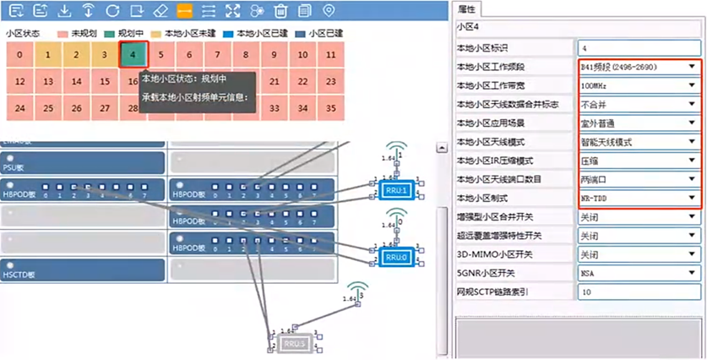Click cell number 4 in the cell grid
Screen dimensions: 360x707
pos(133,56)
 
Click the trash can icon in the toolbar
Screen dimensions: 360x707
pos(281,10)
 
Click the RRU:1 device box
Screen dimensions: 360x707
pos(396,188)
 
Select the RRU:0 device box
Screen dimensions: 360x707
pos(396,256)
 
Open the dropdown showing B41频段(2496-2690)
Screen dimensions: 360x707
pos(638,66)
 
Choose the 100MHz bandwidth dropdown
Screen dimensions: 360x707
pos(638,85)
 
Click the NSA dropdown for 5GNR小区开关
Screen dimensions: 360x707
pos(638,272)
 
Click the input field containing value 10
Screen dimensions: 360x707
pos(638,292)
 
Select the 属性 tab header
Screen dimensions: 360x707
pos(467,9)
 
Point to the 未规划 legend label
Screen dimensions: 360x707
pos(83,33)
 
